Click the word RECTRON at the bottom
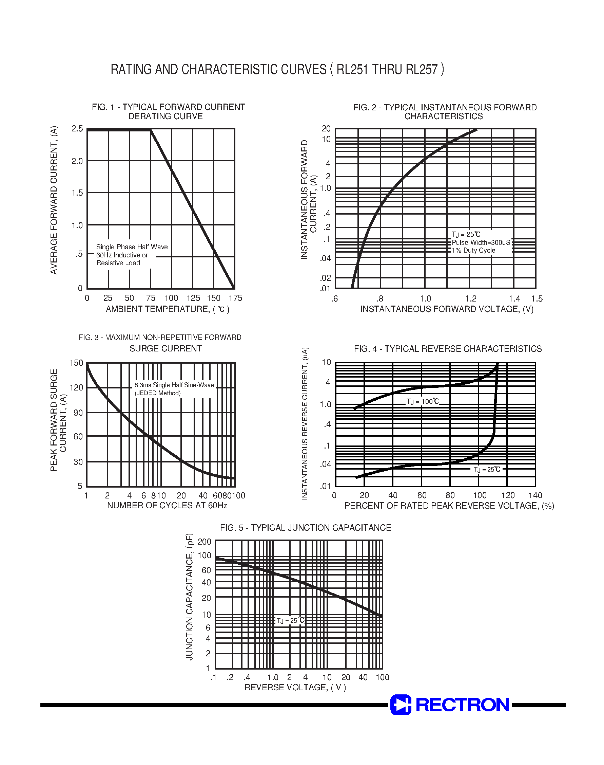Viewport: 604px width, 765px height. pyautogui.click(x=463, y=705)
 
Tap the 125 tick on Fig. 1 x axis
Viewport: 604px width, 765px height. pyautogui.click(x=193, y=298)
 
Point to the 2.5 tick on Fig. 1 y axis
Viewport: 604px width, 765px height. pyautogui.click(x=77, y=129)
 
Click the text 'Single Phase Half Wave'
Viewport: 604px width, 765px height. pyautogui.click(x=132, y=247)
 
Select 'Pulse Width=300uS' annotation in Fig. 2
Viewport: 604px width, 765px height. pyautogui.click(x=481, y=242)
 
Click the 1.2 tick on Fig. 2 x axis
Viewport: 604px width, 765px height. pyautogui.click(x=471, y=299)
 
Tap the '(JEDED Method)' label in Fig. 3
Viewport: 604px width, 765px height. pyautogui.click(x=157, y=393)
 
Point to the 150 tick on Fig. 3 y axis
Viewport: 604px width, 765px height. pyautogui.click(x=76, y=363)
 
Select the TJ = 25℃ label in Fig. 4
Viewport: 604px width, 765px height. pyautogui.click(x=487, y=469)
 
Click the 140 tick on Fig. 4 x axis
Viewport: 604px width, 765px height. pyautogui.click(x=535, y=495)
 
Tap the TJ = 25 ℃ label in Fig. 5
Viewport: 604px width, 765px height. pyautogui.click(x=290, y=621)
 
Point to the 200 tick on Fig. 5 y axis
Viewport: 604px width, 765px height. pyautogui.click(x=204, y=542)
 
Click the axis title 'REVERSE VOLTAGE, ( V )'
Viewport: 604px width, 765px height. pyautogui.click(x=295, y=687)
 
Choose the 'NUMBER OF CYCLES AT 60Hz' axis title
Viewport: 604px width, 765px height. pyautogui.click(x=167, y=505)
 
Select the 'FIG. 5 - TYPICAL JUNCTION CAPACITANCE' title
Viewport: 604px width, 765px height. pyautogui.click(x=306, y=528)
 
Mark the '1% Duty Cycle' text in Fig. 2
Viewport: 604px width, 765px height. pyautogui.click(x=473, y=250)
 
